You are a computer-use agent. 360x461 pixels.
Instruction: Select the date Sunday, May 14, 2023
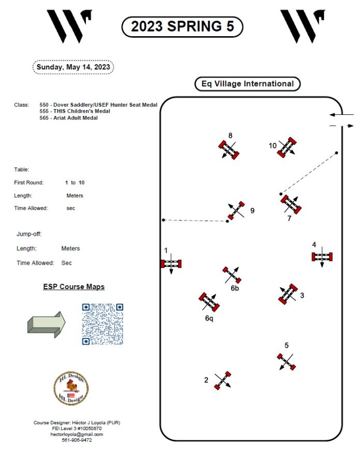73,67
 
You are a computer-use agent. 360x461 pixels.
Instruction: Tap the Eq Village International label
247,84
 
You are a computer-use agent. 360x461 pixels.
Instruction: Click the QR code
102,324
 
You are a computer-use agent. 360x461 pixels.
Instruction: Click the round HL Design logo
71,388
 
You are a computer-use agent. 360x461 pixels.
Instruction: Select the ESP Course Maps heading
73,287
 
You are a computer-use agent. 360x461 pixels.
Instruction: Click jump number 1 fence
171,263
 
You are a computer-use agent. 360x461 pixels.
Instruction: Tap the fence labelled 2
222,380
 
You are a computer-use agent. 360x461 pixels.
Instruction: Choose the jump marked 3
288,293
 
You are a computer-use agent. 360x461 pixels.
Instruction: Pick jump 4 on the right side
322,257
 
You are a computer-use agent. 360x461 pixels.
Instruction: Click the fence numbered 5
286,361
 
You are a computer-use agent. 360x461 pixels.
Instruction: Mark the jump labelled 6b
232,275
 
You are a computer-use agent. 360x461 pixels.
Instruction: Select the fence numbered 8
229,150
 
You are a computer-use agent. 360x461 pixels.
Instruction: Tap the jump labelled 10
286,147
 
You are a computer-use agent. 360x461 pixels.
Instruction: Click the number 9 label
252,211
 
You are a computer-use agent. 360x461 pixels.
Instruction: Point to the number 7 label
289,218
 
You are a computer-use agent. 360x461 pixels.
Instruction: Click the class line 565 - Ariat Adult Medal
68,118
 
